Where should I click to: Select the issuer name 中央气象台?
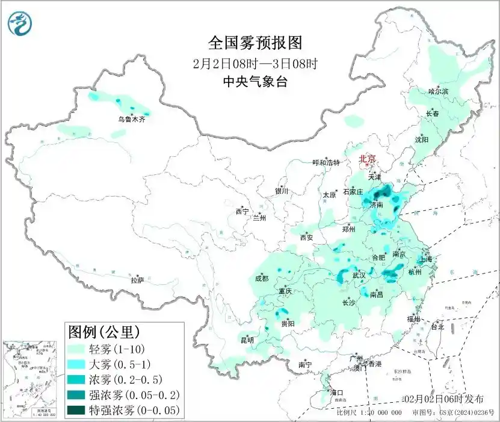click(255, 81)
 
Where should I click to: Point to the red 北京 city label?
click(367, 159)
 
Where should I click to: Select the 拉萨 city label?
click(137, 280)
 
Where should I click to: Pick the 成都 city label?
click(261, 278)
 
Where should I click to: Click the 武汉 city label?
click(359, 274)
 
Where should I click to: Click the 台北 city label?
click(437, 327)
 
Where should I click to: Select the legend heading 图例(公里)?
click(105, 331)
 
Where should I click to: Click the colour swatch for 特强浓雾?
click(77, 411)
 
